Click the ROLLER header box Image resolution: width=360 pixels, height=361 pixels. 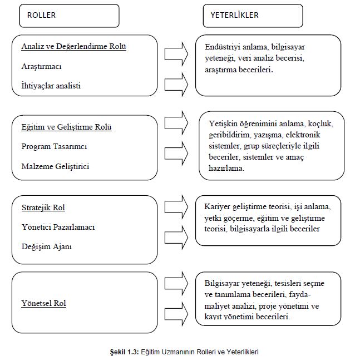[70, 16]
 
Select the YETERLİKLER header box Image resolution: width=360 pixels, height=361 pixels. [245, 16]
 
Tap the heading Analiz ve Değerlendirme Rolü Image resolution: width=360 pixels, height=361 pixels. [74, 46]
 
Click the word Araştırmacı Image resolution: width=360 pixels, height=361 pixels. [41, 66]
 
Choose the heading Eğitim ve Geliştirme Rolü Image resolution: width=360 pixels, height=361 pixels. [67, 127]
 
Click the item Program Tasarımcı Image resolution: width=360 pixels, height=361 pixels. [54, 146]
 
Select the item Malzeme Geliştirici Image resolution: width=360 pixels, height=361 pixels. [55, 166]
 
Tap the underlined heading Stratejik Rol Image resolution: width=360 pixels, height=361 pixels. [43, 207]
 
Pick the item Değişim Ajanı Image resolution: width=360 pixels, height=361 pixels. [47, 246]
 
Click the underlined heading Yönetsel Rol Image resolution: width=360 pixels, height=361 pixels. [44, 303]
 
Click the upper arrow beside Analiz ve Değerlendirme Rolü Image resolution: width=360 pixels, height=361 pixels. [177, 53]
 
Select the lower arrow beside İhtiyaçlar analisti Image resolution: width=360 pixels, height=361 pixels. [177, 83]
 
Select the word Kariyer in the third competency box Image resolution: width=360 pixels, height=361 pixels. [217, 206]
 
